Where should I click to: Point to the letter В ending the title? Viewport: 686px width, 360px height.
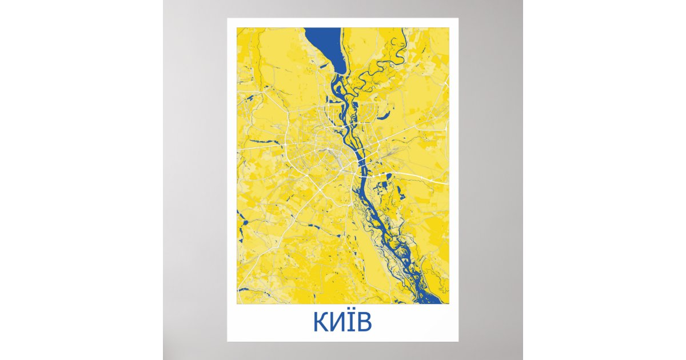coord(364,323)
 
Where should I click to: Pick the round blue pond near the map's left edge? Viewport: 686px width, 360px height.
coord(241,219)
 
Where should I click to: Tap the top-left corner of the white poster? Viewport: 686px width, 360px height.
coord(228,19)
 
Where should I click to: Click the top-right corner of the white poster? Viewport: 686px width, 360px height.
coord(458,19)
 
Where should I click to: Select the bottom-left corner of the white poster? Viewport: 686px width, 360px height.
coord(228,341)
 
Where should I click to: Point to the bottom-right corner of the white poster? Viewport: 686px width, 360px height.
coord(458,341)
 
